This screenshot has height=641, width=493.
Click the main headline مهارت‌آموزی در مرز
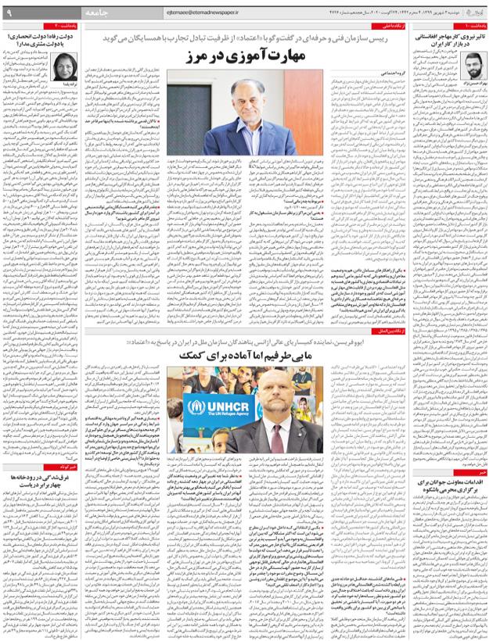[x=245, y=59]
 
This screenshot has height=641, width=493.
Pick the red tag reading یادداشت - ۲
[x=86, y=25]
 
